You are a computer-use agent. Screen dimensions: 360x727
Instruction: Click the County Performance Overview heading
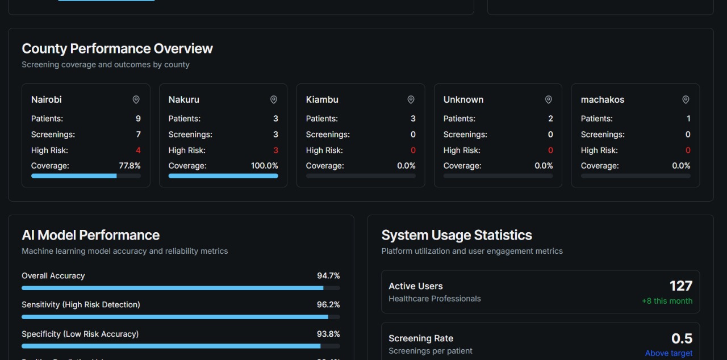[117, 49]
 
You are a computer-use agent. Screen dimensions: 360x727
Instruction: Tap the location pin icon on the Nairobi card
[136, 100]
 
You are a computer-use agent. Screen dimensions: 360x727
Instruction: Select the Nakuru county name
[183, 100]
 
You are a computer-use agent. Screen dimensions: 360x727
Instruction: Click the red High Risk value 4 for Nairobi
[138, 150]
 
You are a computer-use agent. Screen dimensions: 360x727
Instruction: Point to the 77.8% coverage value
[129, 166]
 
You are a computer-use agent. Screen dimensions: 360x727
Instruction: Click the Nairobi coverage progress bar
[86, 176]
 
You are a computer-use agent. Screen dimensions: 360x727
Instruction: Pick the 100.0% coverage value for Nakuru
[265, 166]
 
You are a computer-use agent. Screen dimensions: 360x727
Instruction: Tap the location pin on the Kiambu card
[411, 100]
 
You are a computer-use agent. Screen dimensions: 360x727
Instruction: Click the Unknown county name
[463, 100]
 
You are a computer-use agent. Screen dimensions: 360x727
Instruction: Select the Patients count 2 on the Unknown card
[550, 119]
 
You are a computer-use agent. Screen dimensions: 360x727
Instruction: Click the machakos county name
[602, 100]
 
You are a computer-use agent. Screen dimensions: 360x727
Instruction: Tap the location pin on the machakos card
[686, 100]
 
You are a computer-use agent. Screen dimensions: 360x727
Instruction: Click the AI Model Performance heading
[91, 235]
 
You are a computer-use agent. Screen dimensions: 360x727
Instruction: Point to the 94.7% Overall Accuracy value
[328, 276]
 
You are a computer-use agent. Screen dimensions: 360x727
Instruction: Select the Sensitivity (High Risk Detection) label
[81, 305]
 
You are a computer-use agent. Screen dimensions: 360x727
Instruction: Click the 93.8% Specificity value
[328, 334]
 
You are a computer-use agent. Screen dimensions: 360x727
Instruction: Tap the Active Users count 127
[680, 286]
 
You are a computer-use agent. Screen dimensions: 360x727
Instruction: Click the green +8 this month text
[667, 301]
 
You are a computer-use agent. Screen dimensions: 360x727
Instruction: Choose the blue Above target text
[668, 353]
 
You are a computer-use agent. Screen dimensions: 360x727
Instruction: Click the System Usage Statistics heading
[457, 235]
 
